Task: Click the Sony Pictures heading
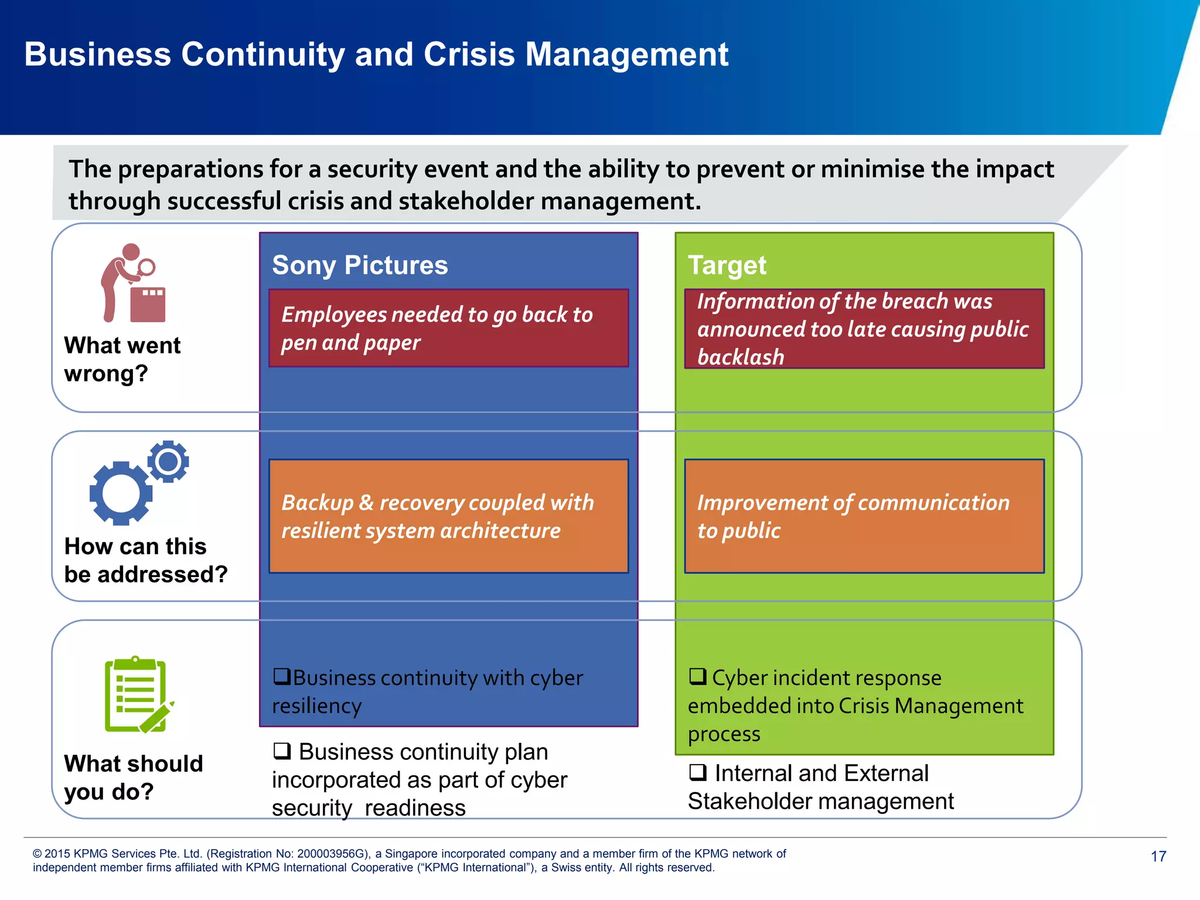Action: pyautogui.click(x=360, y=265)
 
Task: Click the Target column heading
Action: pyautogui.click(x=727, y=265)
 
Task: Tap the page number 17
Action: pyautogui.click(x=1158, y=857)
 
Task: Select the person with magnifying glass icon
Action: pyautogui.click(x=134, y=283)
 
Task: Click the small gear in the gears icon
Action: pyautogui.click(x=168, y=462)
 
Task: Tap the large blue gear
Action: pyautogui.click(x=121, y=493)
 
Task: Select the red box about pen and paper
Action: pyautogui.click(x=448, y=328)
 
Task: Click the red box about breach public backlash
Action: pyautogui.click(x=864, y=329)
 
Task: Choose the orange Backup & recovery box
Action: pyautogui.click(x=448, y=516)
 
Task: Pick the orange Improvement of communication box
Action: pyautogui.click(x=864, y=516)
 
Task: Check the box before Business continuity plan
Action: pyautogui.click(x=282, y=751)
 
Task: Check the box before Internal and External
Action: pyautogui.click(x=697, y=772)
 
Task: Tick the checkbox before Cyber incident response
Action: pyautogui.click(x=697, y=676)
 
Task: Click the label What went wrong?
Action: pyautogui.click(x=122, y=359)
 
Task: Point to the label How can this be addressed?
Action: pyautogui.click(x=145, y=560)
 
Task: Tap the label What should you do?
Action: pyautogui.click(x=133, y=778)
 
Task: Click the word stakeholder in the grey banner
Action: pyautogui.click(x=465, y=201)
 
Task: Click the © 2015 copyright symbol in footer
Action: pyautogui.click(x=37, y=854)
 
